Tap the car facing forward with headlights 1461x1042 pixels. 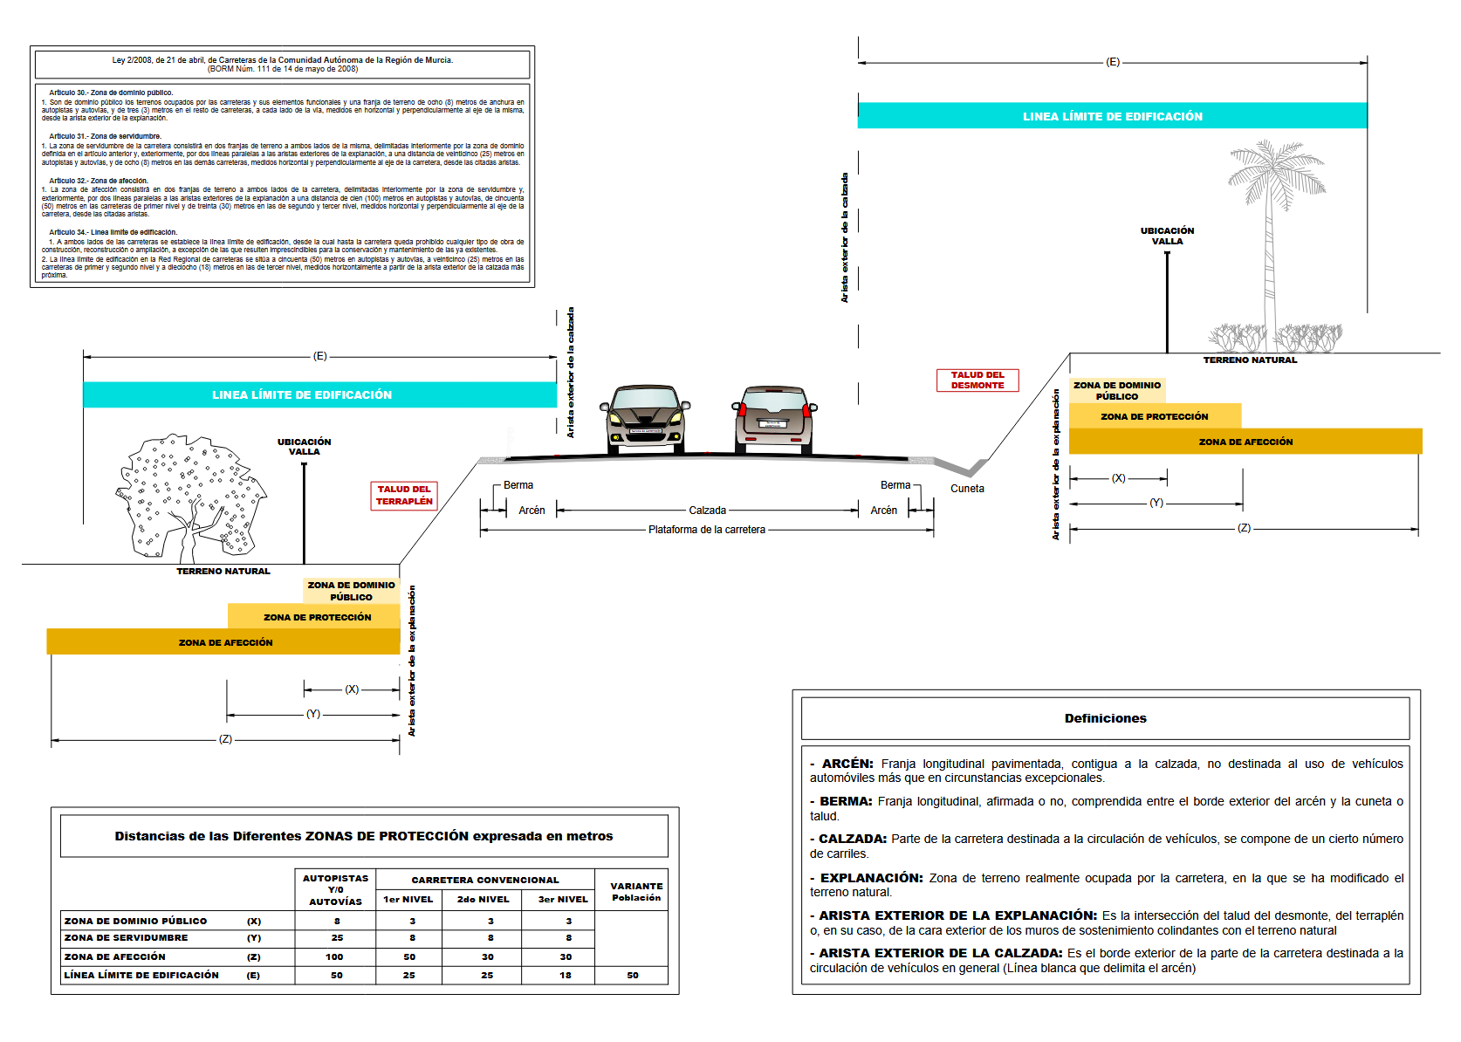click(x=645, y=419)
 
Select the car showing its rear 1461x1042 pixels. click(x=774, y=419)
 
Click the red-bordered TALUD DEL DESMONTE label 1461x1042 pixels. click(x=977, y=380)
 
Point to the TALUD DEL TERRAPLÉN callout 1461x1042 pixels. click(x=404, y=496)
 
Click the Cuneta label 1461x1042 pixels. click(x=967, y=489)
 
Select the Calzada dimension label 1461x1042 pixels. click(x=707, y=511)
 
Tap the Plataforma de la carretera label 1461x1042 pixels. click(x=707, y=530)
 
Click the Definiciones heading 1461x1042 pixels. click(x=1105, y=718)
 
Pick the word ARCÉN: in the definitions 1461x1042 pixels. click(x=847, y=764)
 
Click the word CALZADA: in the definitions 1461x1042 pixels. click(x=853, y=839)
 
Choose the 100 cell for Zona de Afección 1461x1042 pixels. click(x=335, y=956)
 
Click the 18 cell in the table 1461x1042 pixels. click(x=566, y=975)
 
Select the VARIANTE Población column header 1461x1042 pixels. click(x=636, y=891)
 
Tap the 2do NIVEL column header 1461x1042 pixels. click(x=483, y=899)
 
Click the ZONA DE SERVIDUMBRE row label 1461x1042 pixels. click(x=126, y=938)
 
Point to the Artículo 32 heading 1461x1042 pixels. click(x=99, y=181)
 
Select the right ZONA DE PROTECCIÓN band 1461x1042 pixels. click(x=1155, y=416)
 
